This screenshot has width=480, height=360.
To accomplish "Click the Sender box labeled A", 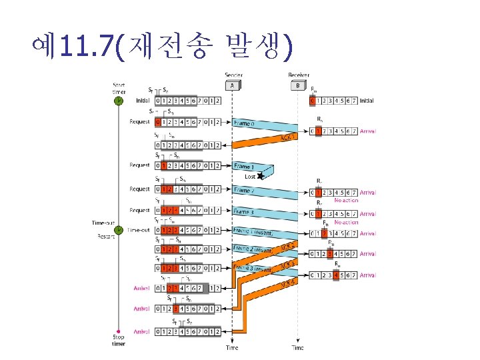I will [x=232, y=86].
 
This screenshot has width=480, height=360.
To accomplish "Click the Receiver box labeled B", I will [x=297, y=86].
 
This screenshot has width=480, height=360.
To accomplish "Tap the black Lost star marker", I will [x=261, y=176].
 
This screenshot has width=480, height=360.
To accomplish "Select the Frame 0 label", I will [x=243, y=123].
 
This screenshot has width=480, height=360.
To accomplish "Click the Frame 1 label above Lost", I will [x=243, y=165].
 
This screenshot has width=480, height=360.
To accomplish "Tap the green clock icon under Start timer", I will [x=118, y=101].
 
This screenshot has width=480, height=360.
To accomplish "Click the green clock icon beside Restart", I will [x=118, y=230].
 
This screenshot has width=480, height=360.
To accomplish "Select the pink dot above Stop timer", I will [x=118, y=331].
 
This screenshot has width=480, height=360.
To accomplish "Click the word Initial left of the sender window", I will [x=142, y=101].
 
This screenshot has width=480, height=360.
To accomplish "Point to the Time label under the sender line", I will [x=232, y=348].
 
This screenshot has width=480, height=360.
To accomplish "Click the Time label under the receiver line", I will [x=297, y=348].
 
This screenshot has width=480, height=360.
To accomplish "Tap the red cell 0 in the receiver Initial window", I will [x=313, y=101].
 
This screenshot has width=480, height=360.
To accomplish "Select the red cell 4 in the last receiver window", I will [x=337, y=275].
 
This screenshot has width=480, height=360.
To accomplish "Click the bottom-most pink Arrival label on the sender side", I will [x=141, y=331].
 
